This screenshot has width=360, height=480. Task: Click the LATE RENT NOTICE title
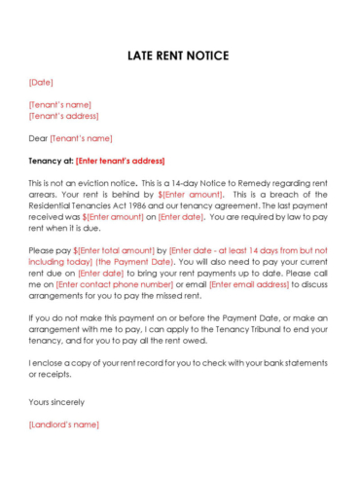pyautogui.click(x=179, y=55)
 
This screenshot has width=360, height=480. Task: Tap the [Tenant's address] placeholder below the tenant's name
pyautogui.click(x=64, y=116)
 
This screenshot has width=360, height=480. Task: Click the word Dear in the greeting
pyautogui.click(x=38, y=138)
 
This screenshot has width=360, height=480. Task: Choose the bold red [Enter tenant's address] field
pyautogui.click(x=121, y=161)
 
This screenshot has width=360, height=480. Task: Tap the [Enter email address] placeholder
pyautogui.click(x=248, y=284)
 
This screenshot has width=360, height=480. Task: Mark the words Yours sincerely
pyautogui.click(x=56, y=401)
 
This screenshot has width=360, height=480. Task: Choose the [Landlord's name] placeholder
pyautogui.click(x=63, y=425)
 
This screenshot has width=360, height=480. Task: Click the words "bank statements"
pyautogui.click(x=296, y=363)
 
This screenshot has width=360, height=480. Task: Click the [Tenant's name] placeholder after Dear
pyautogui.click(x=81, y=138)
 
